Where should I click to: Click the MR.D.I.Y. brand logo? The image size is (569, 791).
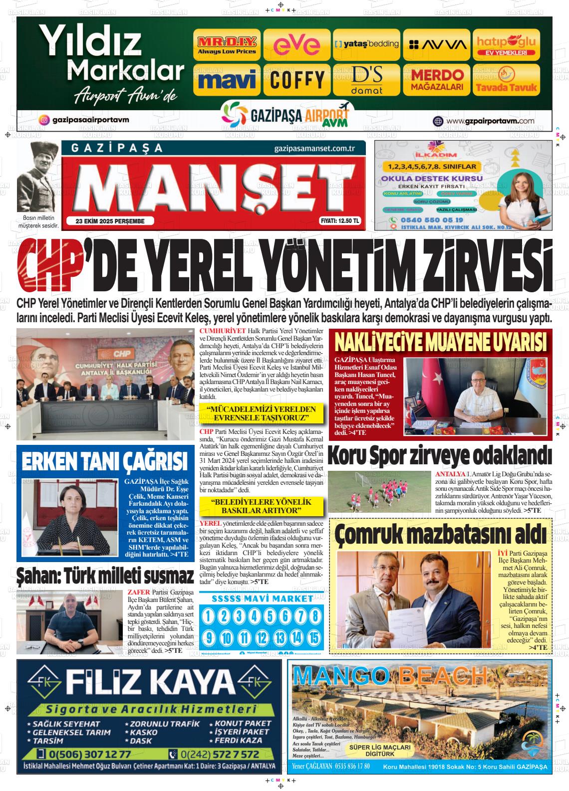(x=227, y=45)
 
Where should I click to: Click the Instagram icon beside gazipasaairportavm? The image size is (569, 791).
(x=44, y=120)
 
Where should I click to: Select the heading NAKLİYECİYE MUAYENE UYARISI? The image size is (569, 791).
(x=440, y=343)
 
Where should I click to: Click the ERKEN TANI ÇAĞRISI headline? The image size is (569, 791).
(x=104, y=461)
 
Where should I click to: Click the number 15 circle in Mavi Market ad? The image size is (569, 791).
(x=313, y=637)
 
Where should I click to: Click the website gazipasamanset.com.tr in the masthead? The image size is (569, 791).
(x=314, y=149)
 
